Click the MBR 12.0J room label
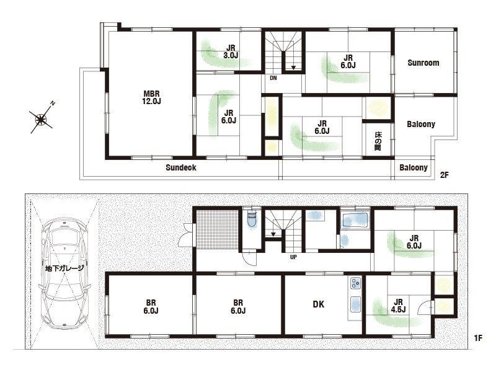point(152,97)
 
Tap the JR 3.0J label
point(231,51)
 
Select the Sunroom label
point(423,63)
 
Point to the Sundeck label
point(181,167)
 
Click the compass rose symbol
point(41,118)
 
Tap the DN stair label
point(273,78)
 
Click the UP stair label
point(293,257)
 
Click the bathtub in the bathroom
point(355,220)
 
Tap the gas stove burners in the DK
point(355,283)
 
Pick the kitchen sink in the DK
point(355,304)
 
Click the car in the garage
point(64,273)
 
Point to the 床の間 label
point(378,141)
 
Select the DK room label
point(319,304)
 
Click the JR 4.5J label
point(398,306)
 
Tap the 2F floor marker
point(445,175)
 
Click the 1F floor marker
point(478,338)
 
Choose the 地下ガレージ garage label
point(64,268)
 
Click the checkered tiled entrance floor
point(218,229)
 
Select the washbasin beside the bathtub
point(345,241)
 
